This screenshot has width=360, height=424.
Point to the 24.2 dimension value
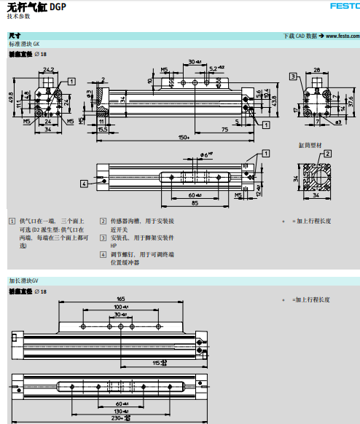click(x=48, y=69)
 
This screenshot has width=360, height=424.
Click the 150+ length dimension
click(x=182, y=137)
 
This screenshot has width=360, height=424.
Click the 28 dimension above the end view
click(x=317, y=69)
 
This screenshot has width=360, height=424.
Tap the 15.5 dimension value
click(x=101, y=128)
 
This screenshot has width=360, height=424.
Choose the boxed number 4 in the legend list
click(x=103, y=254)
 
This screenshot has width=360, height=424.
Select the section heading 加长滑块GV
click(x=28, y=280)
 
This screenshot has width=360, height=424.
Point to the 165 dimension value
click(x=120, y=299)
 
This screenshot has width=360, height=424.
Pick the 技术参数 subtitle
click(x=20, y=15)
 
